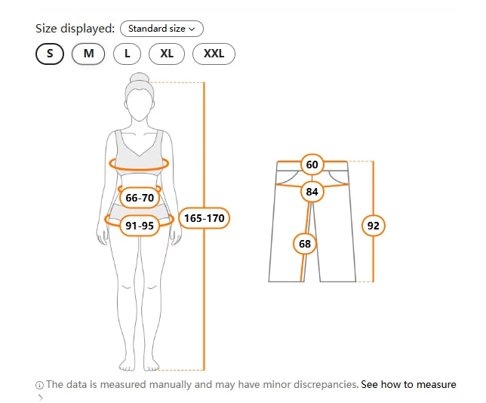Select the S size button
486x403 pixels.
point(50,54)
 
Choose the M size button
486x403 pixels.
point(88,54)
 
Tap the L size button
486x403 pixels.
point(127,54)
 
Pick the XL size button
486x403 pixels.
point(167,54)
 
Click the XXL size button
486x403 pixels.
point(214,54)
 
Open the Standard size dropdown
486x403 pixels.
point(161,29)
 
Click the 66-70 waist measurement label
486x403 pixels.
point(140,198)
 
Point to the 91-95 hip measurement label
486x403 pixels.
point(140,226)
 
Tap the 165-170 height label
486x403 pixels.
point(205,218)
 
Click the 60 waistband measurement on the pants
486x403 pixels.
point(312,165)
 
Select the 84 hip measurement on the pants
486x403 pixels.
point(312,192)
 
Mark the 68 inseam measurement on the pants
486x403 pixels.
point(305,244)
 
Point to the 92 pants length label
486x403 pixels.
point(373,226)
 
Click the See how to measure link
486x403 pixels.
point(408,384)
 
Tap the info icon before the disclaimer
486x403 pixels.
point(39,386)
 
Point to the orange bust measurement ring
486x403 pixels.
point(139,169)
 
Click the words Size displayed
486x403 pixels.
point(75,29)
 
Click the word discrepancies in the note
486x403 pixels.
point(326,384)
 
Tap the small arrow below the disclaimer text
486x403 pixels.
point(40,397)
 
